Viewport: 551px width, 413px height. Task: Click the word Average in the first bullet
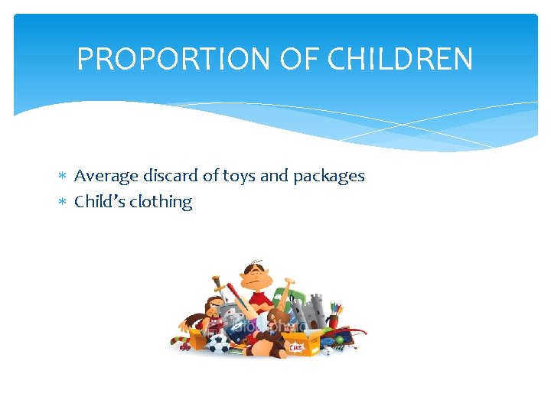point(106,176)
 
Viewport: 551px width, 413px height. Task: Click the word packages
point(327,177)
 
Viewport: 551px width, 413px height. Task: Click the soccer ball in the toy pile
point(219,343)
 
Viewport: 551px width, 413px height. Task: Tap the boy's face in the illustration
point(256,276)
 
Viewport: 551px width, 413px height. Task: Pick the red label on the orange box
point(295,348)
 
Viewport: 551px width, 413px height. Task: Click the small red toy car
point(184,346)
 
